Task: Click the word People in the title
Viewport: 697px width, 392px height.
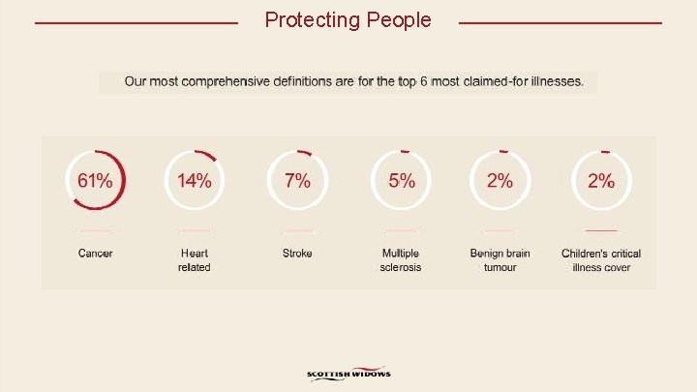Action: coord(399,19)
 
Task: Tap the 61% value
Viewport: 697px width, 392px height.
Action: coord(95,181)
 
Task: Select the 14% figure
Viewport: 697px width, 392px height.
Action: coord(194,181)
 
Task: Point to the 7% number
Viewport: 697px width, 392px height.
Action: coord(297,181)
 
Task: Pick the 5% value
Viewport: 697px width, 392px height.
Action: coord(402,181)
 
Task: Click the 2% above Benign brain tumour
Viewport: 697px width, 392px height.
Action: coord(500,181)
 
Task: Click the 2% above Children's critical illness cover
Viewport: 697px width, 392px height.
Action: coord(601,181)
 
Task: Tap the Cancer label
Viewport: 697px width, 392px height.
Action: coord(95,254)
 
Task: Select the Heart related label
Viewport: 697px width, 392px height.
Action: coord(194,260)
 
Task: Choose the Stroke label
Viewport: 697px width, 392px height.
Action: coord(297,254)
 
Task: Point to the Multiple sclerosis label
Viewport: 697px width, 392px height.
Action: coord(401,260)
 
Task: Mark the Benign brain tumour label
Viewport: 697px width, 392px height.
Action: coord(500,260)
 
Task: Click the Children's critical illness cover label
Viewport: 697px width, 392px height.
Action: coord(601,260)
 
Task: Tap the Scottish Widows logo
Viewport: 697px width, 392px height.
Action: coord(348,375)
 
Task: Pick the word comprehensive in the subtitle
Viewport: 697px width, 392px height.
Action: coord(231,82)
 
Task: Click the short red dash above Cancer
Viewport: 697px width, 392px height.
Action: coord(95,231)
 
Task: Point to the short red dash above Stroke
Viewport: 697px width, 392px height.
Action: coord(297,231)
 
